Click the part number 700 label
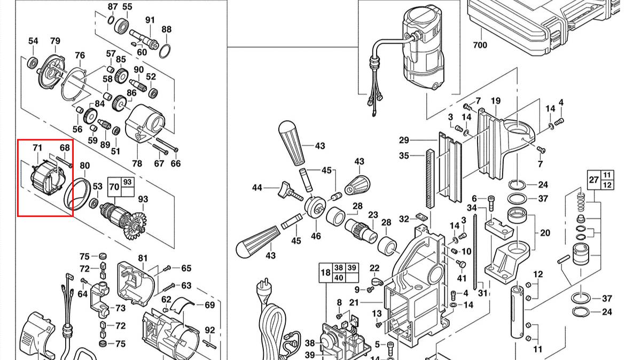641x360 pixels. [480, 45]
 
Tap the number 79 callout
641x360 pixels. [55, 41]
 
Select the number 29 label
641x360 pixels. [404, 140]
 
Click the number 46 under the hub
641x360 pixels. [316, 236]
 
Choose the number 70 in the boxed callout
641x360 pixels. [114, 187]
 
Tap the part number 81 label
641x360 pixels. [143, 259]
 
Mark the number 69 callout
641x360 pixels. [209, 305]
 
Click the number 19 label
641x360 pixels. [495, 101]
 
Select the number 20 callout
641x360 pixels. [545, 233]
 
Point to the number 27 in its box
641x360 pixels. [593, 179]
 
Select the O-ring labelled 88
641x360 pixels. [165, 51]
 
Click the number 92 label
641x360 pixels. [209, 330]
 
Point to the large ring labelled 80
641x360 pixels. [76, 193]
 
